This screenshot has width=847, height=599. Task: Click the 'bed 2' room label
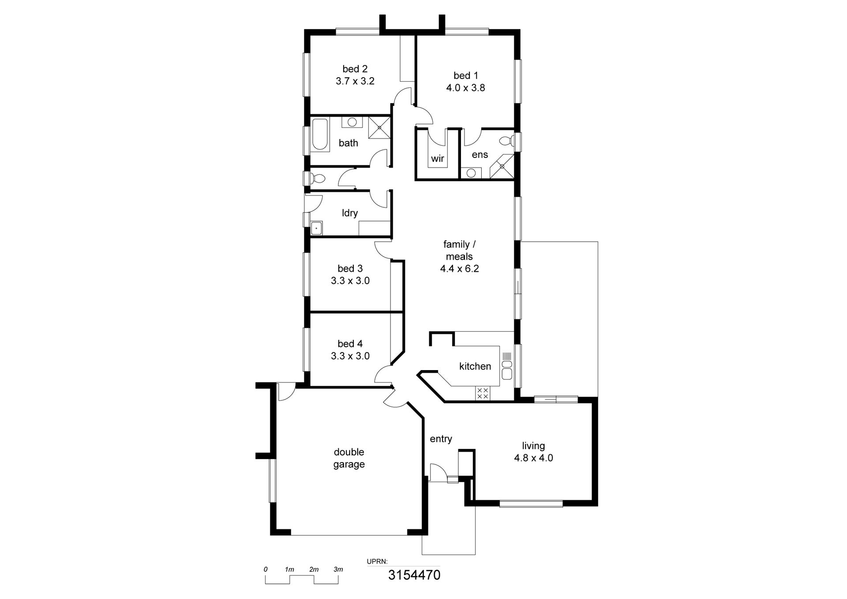(x=355, y=69)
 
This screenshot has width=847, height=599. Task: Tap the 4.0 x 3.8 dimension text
(x=465, y=88)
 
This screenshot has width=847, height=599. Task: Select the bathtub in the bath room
(x=319, y=135)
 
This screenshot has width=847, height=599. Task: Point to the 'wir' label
(x=438, y=158)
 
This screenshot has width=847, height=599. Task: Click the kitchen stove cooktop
(x=483, y=393)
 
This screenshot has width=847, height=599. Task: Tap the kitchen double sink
(x=507, y=370)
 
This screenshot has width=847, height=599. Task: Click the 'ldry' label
(x=350, y=213)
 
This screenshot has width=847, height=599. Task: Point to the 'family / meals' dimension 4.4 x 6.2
(x=459, y=269)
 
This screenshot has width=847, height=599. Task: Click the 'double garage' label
(x=349, y=458)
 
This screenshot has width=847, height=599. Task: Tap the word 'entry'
(x=441, y=439)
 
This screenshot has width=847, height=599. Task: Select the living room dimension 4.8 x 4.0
(x=533, y=458)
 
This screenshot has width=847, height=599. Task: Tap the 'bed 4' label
(x=350, y=344)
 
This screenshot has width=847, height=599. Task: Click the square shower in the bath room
(x=379, y=127)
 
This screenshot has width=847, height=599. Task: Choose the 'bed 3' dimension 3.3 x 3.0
(x=350, y=281)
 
